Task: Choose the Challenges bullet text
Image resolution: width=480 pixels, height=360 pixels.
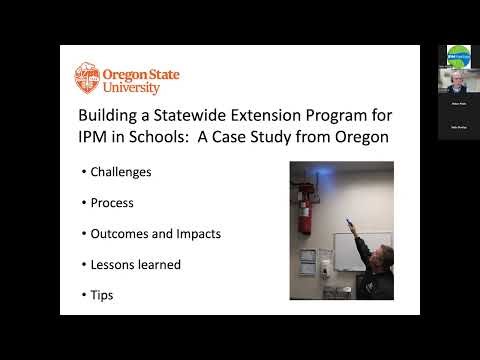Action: coord(121,171)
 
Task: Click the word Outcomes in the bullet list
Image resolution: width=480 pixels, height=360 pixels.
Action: coord(121,233)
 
